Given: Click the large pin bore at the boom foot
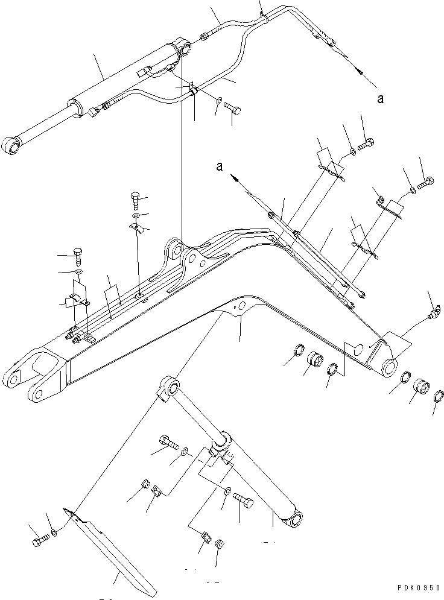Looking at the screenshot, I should [389, 366].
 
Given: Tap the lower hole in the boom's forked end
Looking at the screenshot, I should [37, 395].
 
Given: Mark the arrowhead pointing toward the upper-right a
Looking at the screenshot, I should [360, 71].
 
